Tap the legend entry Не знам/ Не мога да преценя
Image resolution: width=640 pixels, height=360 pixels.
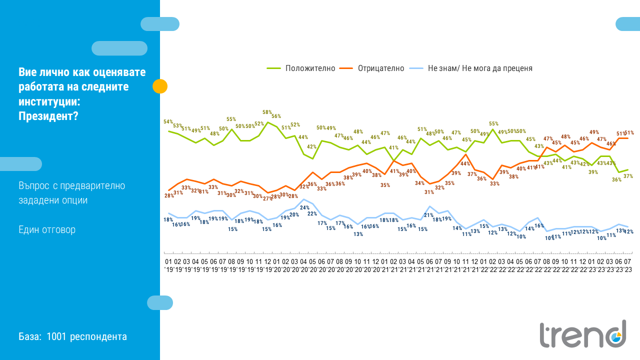click(x=480, y=68)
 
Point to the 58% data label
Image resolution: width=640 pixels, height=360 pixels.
click(x=267, y=112)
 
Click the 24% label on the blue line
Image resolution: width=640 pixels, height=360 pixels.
click(x=304, y=207)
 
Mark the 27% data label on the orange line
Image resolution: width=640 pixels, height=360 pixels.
click(x=267, y=198)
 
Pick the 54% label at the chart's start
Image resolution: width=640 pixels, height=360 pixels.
click(x=168, y=122)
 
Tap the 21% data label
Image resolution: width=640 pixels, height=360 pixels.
click(x=429, y=215)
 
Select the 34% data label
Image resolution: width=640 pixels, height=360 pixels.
click(x=420, y=183)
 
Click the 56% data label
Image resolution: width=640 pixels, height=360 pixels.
click(x=276, y=116)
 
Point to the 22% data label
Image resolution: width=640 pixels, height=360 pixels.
click(x=312, y=213)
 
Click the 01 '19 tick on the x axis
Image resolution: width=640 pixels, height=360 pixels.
click(x=168, y=265)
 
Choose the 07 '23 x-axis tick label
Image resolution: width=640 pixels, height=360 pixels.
click(x=627, y=265)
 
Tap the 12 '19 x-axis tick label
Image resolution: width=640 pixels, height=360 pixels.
click(x=267, y=265)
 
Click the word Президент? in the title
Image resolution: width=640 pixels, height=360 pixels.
click(x=48, y=115)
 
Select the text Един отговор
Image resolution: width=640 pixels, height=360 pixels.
click(x=47, y=230)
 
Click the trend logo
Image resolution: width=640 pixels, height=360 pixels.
click(x=583, y=333)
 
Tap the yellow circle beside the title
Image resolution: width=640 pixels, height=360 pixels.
click(x=160, y=86)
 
